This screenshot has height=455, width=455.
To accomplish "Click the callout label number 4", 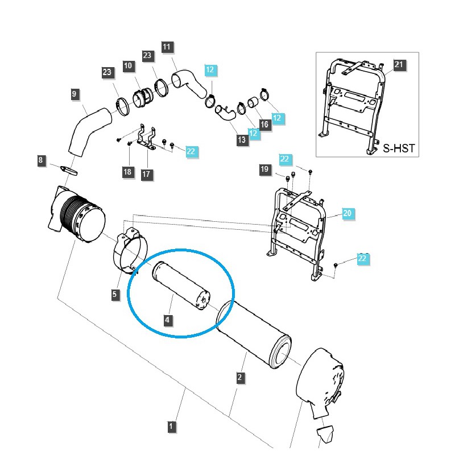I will click(x=167, y=320).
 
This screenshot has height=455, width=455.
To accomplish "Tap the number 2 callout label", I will click(x=240, y=377).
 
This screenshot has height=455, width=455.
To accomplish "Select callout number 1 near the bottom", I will click(x=171, y=425).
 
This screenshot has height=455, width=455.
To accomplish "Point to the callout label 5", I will click(x=115, y=294).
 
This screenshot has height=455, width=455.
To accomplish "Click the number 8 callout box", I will click(x=40, y=161).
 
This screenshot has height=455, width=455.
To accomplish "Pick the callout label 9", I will click(x=74, y=94).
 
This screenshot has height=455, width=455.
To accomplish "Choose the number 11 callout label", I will click(x=167, y=47).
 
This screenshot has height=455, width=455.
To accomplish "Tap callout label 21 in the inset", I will click(x=398, y=65).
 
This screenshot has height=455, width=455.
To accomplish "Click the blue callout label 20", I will click(x=348, y=213).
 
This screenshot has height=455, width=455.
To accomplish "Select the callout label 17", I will click(x=147, y=173).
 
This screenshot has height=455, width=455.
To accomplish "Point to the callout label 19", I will click(x=264, y=169).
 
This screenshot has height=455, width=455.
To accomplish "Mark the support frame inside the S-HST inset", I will click(x=350, y=105).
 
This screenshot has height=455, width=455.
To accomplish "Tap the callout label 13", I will click(x=242, y=139).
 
